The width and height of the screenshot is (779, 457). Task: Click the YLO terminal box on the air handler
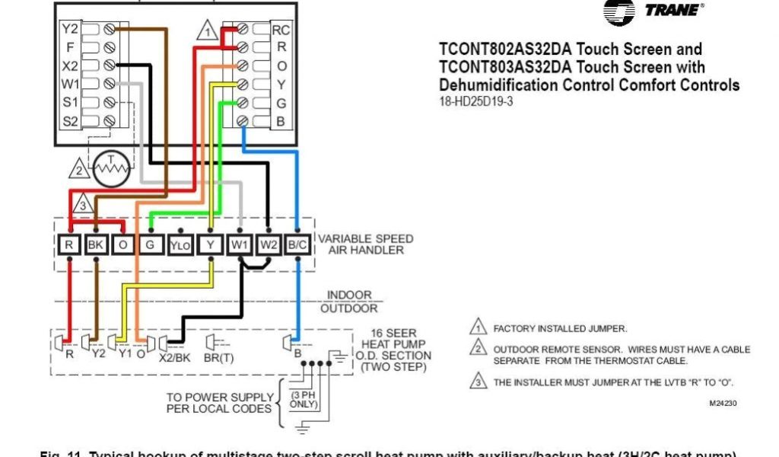click(x=180, y=245)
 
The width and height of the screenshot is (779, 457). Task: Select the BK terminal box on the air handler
click(x=97, y=245)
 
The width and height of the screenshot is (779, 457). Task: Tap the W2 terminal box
click(x=269, y=245)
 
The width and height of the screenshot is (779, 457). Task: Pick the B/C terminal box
click(x=297, y=245)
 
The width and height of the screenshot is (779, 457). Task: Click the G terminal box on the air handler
click(x=151, y=245)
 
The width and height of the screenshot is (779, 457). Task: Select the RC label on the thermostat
click(x=280, y=30)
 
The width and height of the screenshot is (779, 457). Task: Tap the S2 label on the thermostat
click(x=71, y=120)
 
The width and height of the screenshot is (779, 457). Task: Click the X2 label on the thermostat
click(x=71, y=66)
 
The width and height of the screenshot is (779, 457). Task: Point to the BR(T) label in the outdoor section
click(x=219, y=355)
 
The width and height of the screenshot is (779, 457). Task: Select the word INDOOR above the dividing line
click(x=349, y=295)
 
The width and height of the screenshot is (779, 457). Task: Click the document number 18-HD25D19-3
click(x=475, y=101)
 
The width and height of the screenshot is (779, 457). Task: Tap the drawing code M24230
click(x=723, y=403)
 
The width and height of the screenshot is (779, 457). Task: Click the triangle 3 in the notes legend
click(x=477, y=382)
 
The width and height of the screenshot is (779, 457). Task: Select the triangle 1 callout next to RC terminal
click(x=206, y=32)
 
